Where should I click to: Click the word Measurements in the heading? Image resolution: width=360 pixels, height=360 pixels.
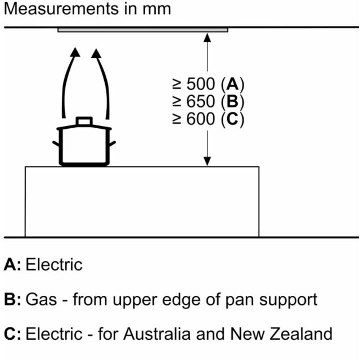pos(61,9)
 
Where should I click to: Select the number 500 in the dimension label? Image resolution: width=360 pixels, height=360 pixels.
pos(201,84)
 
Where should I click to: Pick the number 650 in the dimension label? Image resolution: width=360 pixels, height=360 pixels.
pos(201,101)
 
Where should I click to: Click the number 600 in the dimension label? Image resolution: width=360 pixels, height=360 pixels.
pos(201,119)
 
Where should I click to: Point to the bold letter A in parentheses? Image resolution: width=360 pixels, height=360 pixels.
pos(232,84)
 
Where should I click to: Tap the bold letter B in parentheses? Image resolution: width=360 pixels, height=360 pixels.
pos(232,101)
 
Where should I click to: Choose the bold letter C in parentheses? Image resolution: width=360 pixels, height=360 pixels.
pos(232,119)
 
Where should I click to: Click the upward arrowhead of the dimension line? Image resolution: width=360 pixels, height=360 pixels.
pos(208,38)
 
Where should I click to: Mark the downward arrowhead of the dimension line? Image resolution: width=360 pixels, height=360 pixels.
pos(208,161)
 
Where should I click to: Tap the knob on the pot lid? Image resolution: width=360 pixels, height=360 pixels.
pos(84,121)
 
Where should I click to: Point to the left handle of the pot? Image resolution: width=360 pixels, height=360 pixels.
pos(56,144)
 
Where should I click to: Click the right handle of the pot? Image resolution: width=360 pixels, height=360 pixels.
pos(112,144)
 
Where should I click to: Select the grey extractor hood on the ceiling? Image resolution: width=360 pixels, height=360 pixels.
pos(143,30)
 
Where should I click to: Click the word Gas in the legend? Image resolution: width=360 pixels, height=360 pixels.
pos(41,300)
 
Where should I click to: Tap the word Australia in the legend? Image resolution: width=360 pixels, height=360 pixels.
pos(157,334)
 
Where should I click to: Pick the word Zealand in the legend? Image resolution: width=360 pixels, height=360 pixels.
pos(301,334)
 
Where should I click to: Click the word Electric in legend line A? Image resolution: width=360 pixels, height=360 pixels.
pos(54,265)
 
